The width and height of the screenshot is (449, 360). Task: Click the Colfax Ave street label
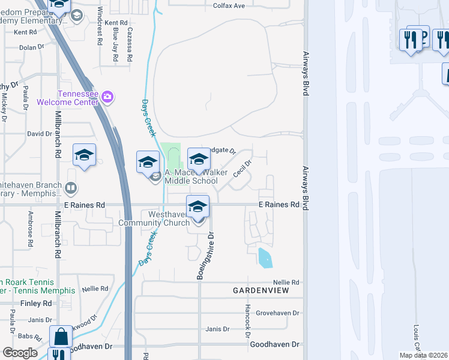pyautogui.click(x=229, y=6)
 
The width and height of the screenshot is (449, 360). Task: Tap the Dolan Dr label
pyautogui.click(x=32, y=47)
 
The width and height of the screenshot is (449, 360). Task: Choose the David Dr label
pyautogui.click(x=40, y=134)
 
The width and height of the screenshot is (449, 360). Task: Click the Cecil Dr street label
pyautogui.click(x=242, y=169)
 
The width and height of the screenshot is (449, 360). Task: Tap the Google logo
pyautogui.click(x=20, y=353)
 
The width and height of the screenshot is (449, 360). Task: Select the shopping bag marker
pyautogui.click(x=61, y=335)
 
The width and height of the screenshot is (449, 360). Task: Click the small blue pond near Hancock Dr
pyautogui.click(x=264, y=257)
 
